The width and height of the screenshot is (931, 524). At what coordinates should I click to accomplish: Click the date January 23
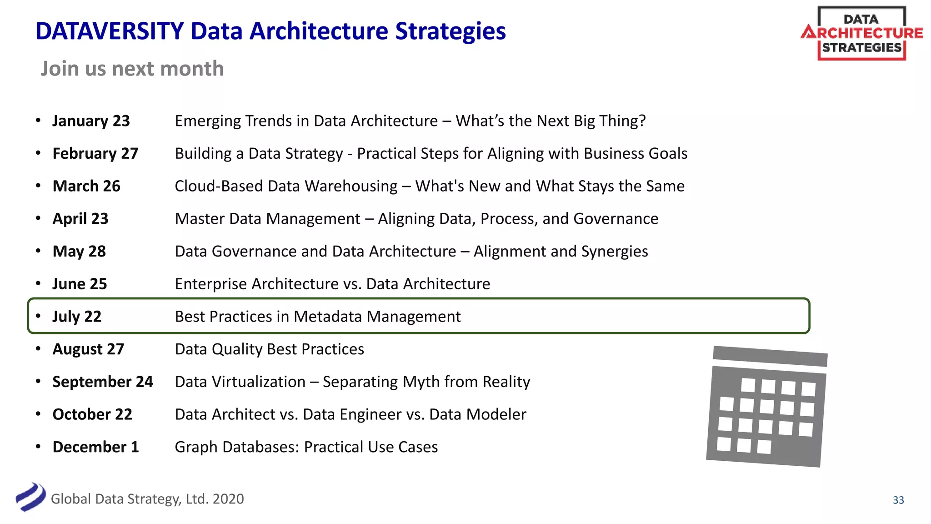91,121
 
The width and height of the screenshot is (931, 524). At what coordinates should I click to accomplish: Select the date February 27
95,154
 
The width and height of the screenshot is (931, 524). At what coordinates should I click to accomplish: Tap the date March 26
86,186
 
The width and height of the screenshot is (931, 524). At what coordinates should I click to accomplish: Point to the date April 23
80,219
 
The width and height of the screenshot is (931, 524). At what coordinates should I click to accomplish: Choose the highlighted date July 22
77,317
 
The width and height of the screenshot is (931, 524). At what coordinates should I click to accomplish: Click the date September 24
103,382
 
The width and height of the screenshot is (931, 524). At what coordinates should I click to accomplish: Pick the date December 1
95,447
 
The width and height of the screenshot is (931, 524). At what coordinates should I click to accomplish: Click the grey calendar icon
766,407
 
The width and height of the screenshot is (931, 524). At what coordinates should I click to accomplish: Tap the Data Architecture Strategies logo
861,33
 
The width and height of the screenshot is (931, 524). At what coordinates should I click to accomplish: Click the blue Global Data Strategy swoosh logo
30,497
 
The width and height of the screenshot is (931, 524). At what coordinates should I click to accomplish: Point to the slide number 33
898,500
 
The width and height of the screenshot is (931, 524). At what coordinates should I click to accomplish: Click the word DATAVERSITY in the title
110,31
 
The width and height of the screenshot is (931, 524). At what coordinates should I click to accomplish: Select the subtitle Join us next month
132,69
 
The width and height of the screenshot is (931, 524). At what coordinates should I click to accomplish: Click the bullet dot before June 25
39,284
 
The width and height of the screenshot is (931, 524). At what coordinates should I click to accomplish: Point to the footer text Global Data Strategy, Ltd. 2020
147,499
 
